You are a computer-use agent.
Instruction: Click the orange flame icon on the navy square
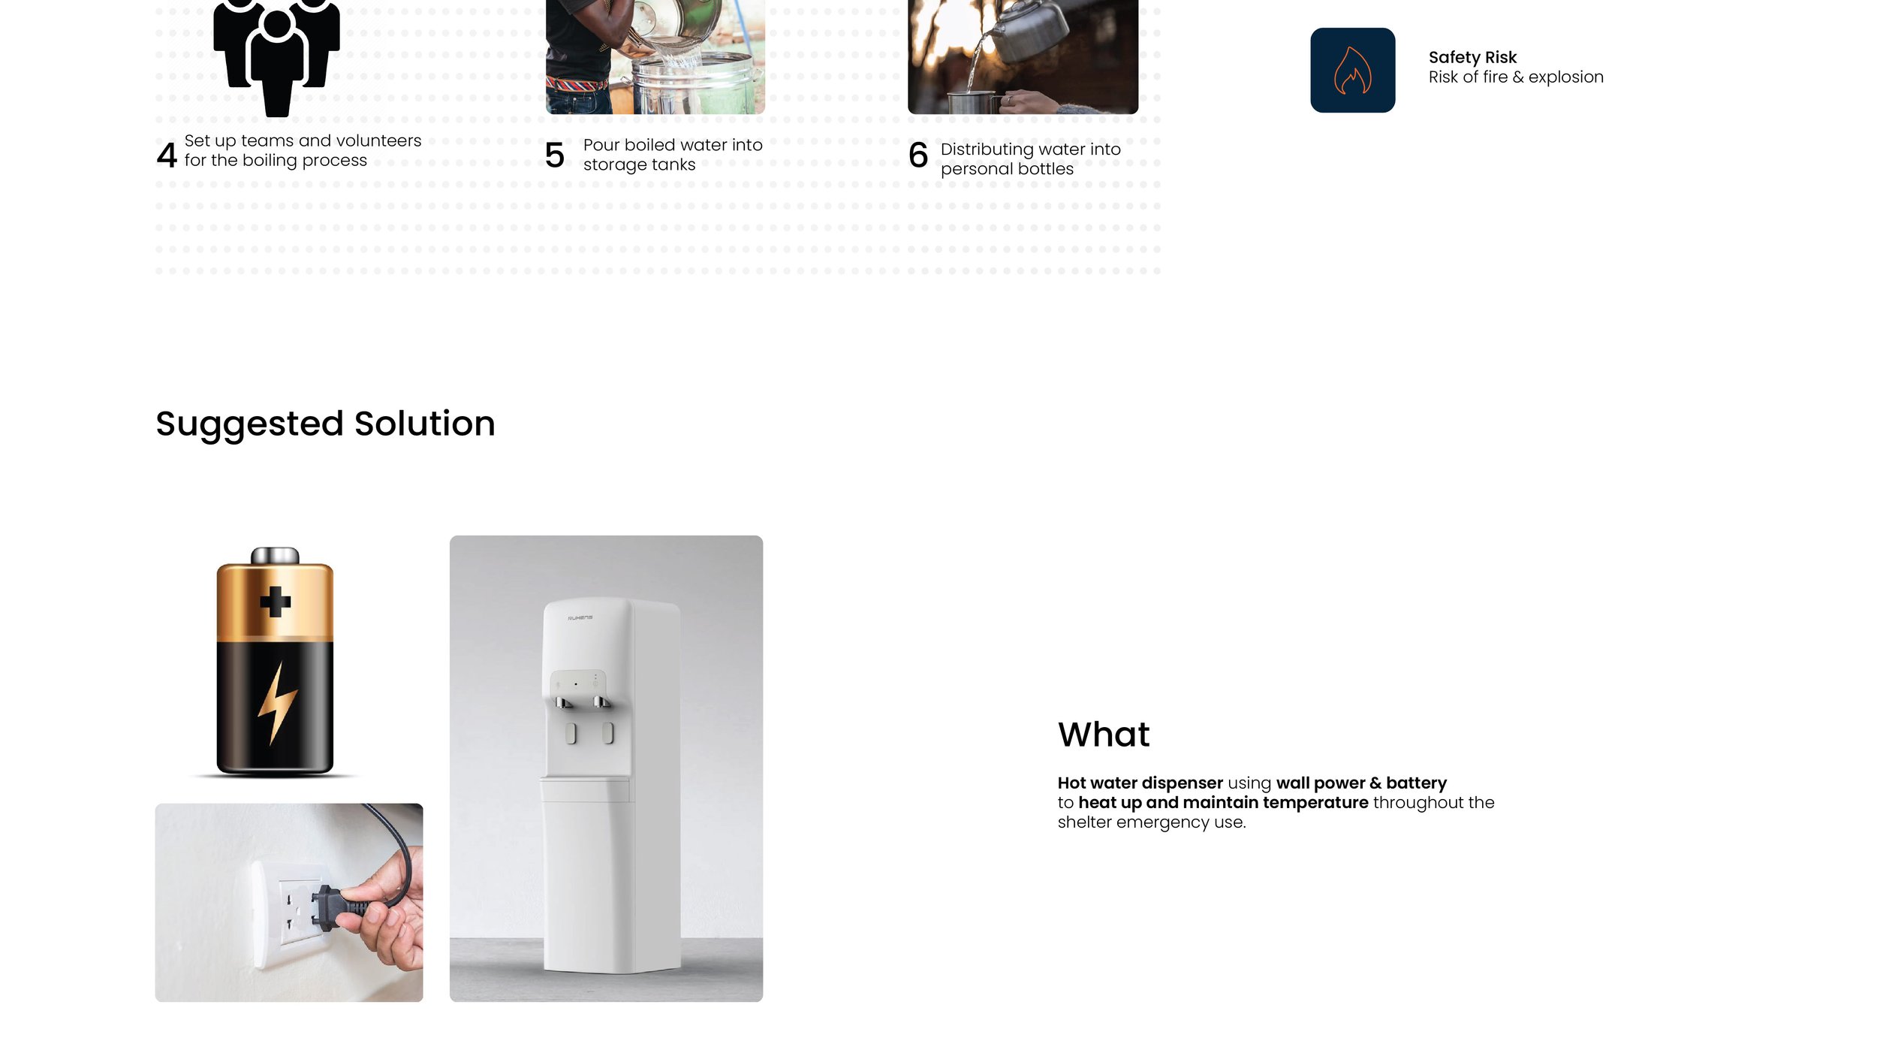(x=1352, y=71)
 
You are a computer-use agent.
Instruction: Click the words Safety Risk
(x=1472, y=57)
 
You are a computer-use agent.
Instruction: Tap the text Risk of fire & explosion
(x=1515, y=77)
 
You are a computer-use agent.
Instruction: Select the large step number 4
(x=167, y=155)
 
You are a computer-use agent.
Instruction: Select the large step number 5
(x=554, y=155)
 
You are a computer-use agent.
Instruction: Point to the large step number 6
(x=917, y=155)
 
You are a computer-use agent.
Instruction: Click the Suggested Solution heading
(x=325, y=424)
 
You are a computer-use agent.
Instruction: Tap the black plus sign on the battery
(x=275, y=602)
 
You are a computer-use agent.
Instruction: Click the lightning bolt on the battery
(x=277, y=702)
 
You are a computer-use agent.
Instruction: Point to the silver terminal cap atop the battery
(x=275, y=556)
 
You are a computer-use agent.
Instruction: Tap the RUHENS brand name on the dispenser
(x=580, y=618)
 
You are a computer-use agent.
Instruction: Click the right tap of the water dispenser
(x=601, y=702)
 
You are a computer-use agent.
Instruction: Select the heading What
(x=1103, y=735)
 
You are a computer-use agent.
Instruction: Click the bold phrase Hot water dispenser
(x=1140, y=783)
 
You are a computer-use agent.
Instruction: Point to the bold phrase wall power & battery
(x=1360, y=783)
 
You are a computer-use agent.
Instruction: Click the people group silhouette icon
(x=276, y=53)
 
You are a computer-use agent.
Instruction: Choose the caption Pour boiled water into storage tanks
(x=672, y=155)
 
